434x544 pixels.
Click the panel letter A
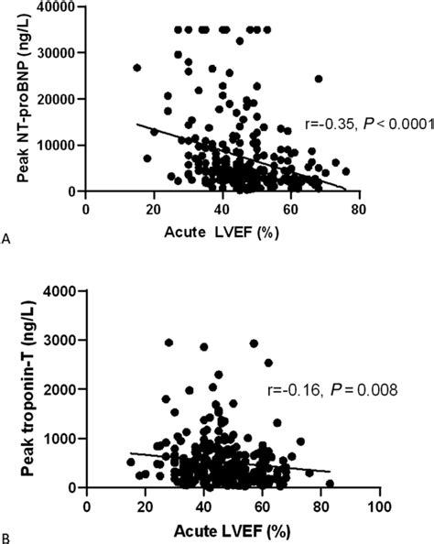[x=7, y=239]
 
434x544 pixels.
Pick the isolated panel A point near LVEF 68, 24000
[x=319, y=79]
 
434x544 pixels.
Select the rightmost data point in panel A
[x=345, y=171]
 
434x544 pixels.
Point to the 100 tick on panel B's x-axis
[x=380, y=505]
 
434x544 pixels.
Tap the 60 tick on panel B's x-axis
[x=263, y=505]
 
